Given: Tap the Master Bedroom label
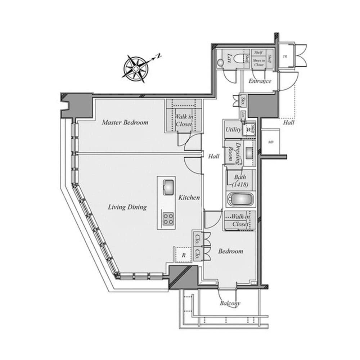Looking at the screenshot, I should (x=125, y=122).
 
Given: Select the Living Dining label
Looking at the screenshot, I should (x=127, y=207).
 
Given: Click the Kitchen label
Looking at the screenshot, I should (x=189, y=197).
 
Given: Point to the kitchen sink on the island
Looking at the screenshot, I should (x=167, y=186).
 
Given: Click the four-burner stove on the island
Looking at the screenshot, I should (x=168, y=219).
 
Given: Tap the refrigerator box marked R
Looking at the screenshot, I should (x=183, y=255).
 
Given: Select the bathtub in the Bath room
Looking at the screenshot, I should (x=240, y=199).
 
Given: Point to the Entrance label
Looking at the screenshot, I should (x=260, y=81).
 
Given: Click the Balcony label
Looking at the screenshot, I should (x=230, y=303).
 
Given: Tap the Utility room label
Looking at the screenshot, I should (x=233, y=129).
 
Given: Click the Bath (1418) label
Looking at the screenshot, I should (x=240, y=181).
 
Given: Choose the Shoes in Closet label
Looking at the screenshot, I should (x=258, y=63).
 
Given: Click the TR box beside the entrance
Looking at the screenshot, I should (x=285, y=57).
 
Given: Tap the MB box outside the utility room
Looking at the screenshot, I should (x=271, y=142).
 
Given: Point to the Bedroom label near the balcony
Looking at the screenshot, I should (x=230, y=251).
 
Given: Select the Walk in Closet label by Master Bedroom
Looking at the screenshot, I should (x=184, y=120).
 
